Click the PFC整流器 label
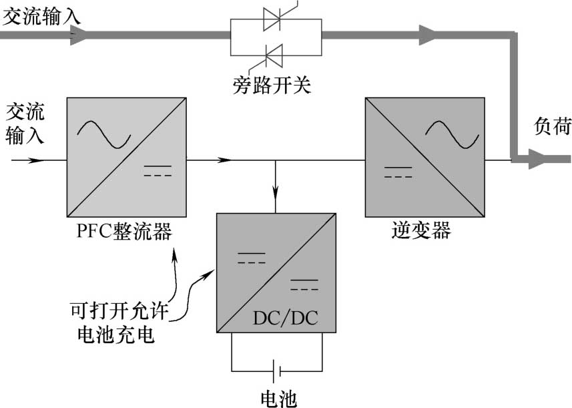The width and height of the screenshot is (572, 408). (125, 232)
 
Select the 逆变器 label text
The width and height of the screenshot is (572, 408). (421, 231)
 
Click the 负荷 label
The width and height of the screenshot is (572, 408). (553, 126)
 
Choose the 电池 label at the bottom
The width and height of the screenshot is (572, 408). (278, 397)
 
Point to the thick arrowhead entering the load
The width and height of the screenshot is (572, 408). (537, 159)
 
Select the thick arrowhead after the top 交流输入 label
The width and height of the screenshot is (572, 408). (78, 35)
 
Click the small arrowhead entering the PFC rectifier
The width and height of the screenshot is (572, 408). (39, 160)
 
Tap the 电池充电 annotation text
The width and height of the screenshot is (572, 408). (116, 334)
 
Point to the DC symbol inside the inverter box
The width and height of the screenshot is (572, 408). (397, 172)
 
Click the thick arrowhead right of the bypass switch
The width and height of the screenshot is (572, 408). (427, 35)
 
